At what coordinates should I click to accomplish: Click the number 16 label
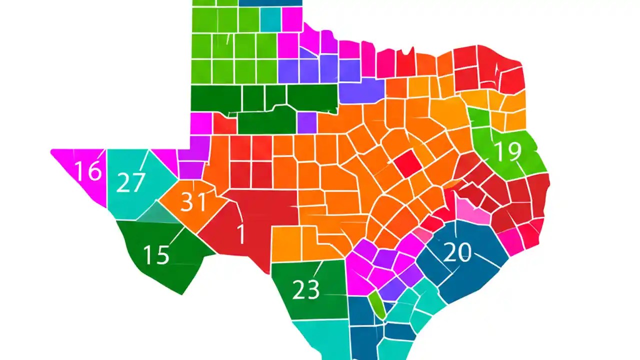(88, 171)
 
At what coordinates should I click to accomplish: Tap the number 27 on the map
(130, 182)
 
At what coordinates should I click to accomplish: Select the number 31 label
(193, 202)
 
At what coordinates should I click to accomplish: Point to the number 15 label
(156, 254)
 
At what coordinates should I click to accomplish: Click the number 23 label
(305, 289)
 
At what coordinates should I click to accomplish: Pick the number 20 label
(457, 253)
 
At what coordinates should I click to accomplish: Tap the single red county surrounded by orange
(408, 164)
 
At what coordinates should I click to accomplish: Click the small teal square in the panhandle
(270, 19)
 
